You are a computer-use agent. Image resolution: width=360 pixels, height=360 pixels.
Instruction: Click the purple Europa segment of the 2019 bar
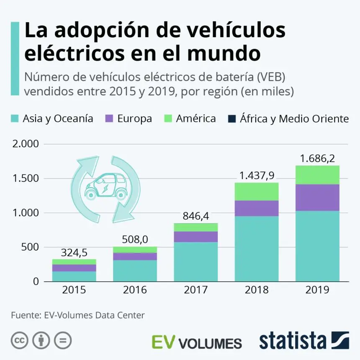pyautogui.click(x=317, y=197)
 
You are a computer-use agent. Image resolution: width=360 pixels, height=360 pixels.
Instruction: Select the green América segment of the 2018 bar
pyautogui.click(x=257, y=191)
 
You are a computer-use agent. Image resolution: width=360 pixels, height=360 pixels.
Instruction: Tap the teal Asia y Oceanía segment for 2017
pyautogui.click(x=195, y=262)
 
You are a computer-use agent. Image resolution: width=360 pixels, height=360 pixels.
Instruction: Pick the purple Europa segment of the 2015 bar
pyautogui.click(x=74, y=268)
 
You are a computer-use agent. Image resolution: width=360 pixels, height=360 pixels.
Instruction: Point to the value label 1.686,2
pyautogui.click(x=318, y=159)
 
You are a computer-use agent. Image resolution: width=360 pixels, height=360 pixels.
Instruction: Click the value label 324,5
pyautogui.click(x=74, y=252)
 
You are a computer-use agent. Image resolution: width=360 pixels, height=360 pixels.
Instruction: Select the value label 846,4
pyautogui.click(x=195, y=216)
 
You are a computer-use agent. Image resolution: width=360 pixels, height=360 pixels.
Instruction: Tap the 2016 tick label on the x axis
pyautogui.click(x=135, y=290)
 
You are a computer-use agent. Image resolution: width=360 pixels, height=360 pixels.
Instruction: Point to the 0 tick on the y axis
pyautogui.click(x=36, y=281)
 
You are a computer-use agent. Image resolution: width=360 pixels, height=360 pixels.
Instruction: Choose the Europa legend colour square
pyautogui.click(x=109, y=118)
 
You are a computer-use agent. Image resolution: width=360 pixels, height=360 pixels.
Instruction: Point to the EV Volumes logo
pyautogui.click(x=197, y=342)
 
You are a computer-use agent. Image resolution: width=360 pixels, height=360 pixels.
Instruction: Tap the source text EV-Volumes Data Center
pyautogui.click(x=95, y=315)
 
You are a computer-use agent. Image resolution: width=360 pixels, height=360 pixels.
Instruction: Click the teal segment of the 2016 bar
pyautogui.click(x=135, y=270)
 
